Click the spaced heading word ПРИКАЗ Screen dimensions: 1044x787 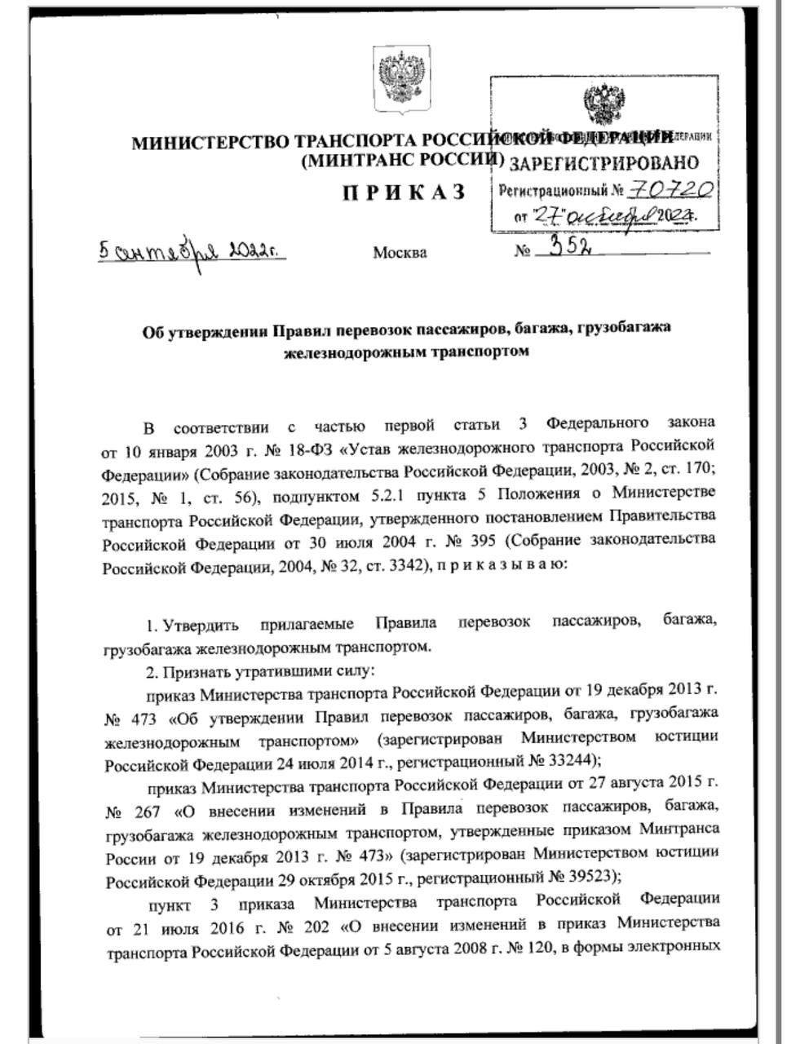[404, 192]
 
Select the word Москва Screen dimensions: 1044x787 [400, 253]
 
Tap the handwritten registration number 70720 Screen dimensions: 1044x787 [673, 191]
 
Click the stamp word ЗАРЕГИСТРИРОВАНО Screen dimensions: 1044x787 [604, 162]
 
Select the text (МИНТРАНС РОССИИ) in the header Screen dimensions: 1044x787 [402, 161]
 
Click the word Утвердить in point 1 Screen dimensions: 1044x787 [201, 626]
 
